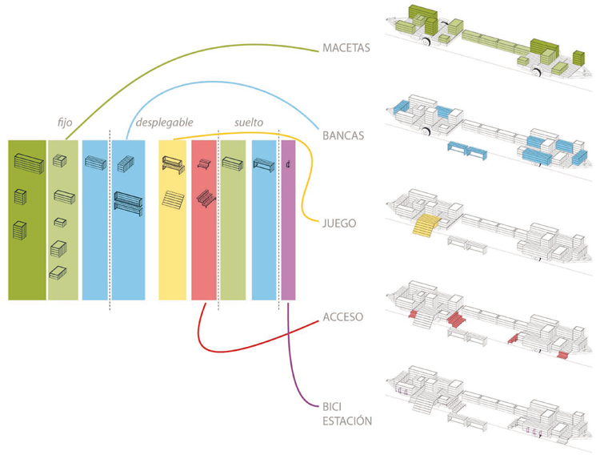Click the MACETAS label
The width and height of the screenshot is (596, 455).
point(346,48)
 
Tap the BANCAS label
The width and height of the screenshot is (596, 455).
point(343,135)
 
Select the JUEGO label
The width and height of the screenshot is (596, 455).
point(339,223)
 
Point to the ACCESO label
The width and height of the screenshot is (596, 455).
point(342,316)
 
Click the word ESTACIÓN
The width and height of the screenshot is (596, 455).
point(347,421)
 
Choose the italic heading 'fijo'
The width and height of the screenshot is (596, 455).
point(65,123)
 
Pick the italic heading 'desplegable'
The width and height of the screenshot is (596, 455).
point(164,123)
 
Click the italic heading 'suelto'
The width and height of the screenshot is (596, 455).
point(249,123)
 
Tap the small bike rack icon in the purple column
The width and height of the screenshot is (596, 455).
point(289,164)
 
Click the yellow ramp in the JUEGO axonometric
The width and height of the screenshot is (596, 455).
point(426,223)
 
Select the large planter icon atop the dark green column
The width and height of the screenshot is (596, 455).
point(29,163)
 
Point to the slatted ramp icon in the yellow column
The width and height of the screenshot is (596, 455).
point(173,199)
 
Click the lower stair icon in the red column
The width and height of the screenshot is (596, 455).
point(206,199)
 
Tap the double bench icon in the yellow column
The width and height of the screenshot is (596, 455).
point(173,165)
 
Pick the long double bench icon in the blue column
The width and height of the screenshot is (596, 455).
point(129,203)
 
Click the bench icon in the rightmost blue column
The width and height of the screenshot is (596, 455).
point(263,165)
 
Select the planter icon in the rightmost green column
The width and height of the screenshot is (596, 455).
point(232,163)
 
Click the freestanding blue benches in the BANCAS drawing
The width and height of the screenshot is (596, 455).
point(467,151)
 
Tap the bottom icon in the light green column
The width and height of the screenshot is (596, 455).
point(58,272)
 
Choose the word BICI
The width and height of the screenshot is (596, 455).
point(332,407)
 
